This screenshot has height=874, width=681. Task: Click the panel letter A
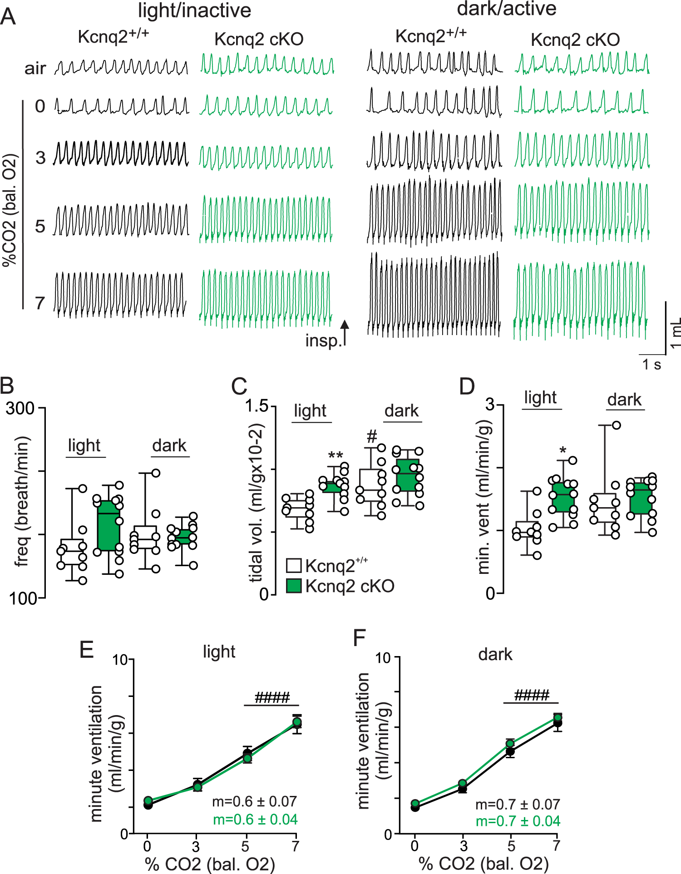pos(8,17)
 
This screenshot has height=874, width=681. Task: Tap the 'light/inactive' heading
pos(194,10)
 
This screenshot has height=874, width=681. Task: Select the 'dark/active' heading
pos(506,9)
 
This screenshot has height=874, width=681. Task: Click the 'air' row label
pos(35,69)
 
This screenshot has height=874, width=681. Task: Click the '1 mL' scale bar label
pos(676,332)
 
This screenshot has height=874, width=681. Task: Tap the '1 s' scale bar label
pos(651,364)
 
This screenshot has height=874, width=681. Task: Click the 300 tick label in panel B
pos(20,408)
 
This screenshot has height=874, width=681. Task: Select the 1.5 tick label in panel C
pos(257,405)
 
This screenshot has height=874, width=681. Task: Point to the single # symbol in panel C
pos(372,437)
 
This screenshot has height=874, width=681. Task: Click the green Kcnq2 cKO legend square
pos(294,586)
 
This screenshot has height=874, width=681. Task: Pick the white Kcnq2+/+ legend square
pos(294,566)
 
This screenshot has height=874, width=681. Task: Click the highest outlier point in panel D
pos(616,425)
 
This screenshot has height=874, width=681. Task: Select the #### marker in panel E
pos(272,697)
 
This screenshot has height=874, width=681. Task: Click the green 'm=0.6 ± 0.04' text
pos(255,820)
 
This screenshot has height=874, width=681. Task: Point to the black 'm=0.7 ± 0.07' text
pos(518,805)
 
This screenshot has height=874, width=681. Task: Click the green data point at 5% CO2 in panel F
pos(510,744)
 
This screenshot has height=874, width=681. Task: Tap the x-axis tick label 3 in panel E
pos(196,846)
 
